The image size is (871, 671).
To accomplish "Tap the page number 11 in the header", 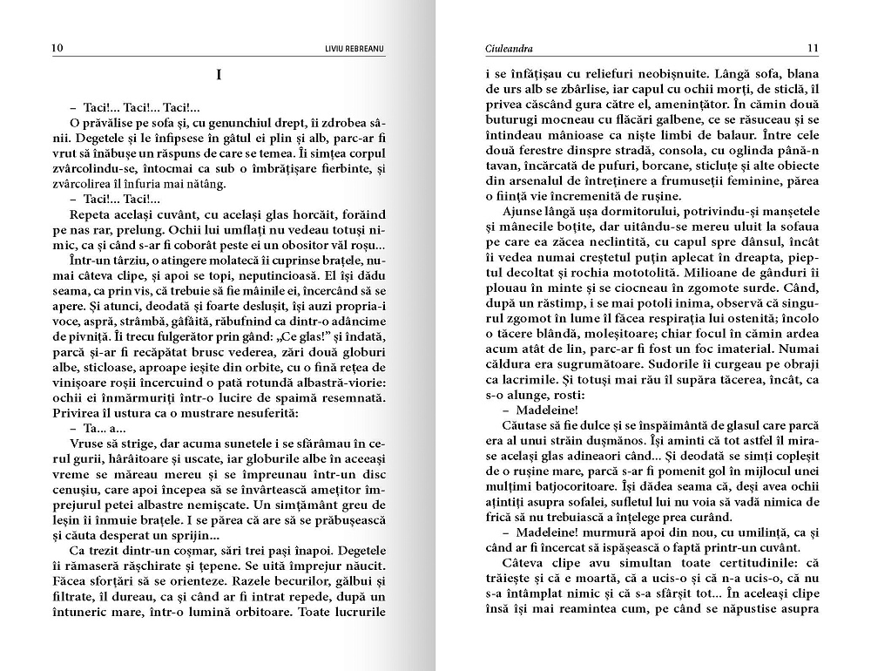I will click(813, 48).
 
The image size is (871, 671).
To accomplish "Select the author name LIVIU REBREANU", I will click(354, 48).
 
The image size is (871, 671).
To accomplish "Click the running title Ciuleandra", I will click(509, 48).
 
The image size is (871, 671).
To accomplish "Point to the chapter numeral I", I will click(218, 76).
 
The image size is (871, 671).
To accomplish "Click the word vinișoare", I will click(77, 367).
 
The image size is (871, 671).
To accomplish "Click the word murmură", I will click(602, 532).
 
